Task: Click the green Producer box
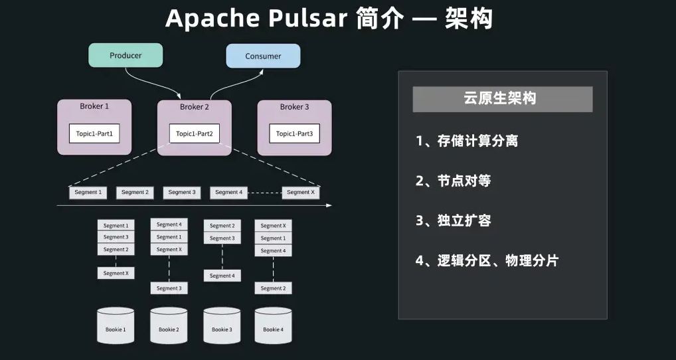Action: click(x=126, y=56)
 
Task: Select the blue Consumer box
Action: click(x=263, y=56)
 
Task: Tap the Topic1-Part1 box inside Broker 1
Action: click(x=94, y=134)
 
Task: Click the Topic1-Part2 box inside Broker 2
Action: click(x=195, y=134)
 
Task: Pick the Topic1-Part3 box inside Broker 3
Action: click(x=294, y=134)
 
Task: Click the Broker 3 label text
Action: click(x=294, y=107)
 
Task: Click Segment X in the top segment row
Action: click(x=301, y=193)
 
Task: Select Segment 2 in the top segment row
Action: click(x=135, y=193)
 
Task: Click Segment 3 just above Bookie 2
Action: click(x=169, y=288)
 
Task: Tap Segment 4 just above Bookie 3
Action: click(x=222, y=276)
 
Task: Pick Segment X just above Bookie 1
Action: click(x=116, y=273)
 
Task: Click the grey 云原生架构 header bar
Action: click(x=502, y=99)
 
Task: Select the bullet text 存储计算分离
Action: click(x=477, y=141)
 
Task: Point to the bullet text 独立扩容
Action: click(x=464, y=221)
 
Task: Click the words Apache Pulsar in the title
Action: click(x=256, y=19)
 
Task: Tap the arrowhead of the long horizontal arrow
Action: click(x=329, y=205)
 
